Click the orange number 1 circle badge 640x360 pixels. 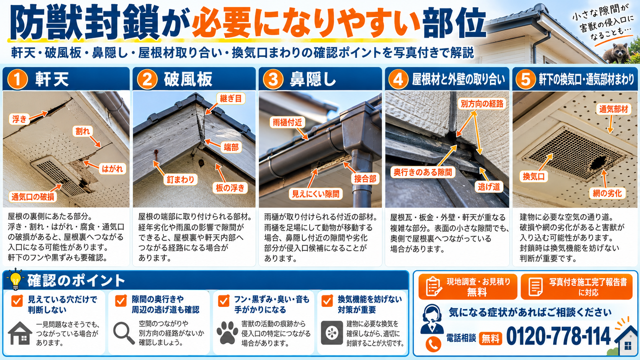pyautogui.click(x=18, y=79)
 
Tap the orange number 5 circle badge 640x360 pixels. pyautogui.click(x=526, y=79)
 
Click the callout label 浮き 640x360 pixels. pyautogui.click(x=20, y=119)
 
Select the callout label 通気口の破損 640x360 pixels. pyautogui.click(x=33, y=197)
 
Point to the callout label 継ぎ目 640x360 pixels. pyautogui.click(x=230, y=98)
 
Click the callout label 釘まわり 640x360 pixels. pyautogui.click(x=181, y=179)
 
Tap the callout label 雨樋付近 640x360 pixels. pyautogui.click(x=287, y=122)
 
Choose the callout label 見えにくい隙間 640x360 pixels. pyautogui.click(x=315, y=194)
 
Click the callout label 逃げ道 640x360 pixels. pyautogui.click(x=489, y=187)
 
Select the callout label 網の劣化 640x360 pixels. pyautogui.click(x=607, y=193)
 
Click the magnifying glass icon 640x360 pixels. pyautogui.click(x=124, y=333)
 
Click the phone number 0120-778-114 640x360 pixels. pyautogui.click(x=558, y=336)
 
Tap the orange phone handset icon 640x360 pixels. pyautogui.click(x=433, y=344)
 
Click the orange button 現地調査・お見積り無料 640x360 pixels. pyautogui.click(x=468, y=287)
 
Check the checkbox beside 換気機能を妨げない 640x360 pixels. pyautogui.click(x=327, y=301)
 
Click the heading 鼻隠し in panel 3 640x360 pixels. pyautogui.click(x=313, y=79)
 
